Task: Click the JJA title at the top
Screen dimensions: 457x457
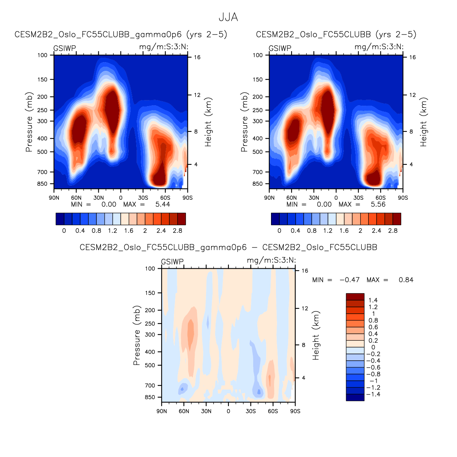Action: tap(228, 17)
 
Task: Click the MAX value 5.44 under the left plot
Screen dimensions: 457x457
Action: tap(162, 204)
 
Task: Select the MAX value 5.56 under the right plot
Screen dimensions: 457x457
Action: tap(378, 204)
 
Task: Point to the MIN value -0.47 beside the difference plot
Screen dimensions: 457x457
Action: tap(349, 280)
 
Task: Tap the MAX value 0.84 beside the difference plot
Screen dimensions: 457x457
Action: tap(406, 280)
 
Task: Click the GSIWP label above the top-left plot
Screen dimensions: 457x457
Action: tap(65, 49)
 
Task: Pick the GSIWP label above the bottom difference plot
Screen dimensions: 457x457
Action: tap(172, 262)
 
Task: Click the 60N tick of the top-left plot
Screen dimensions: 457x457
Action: tap(76, 198)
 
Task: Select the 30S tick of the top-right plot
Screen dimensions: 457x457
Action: tap(358, 198)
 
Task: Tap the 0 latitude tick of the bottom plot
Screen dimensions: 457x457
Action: tap(228, 411)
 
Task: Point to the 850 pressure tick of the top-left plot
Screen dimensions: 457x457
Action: tap(43, 184)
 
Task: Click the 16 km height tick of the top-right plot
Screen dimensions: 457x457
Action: tap(412, 57)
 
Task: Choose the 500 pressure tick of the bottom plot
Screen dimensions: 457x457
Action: tap(150, 365)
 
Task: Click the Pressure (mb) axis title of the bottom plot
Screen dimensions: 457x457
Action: tap(137, 335)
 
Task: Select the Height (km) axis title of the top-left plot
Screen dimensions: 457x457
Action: tap(208, 122)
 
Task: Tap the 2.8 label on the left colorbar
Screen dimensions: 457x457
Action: tap(177, 230)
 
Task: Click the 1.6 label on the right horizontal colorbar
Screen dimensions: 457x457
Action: tap(344, 230)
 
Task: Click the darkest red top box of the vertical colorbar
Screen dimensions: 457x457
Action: tap(355, 297)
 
